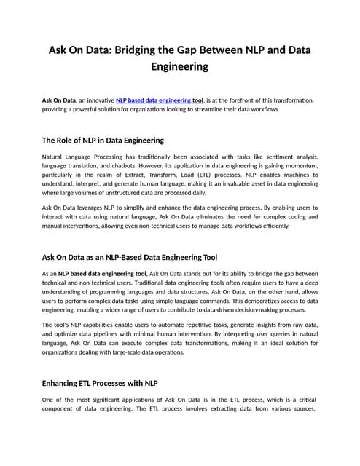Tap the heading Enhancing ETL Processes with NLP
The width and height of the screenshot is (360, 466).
click(x=111, y=383)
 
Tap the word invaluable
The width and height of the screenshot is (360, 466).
click(x=221, y=185)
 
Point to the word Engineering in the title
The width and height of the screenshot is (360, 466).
click(x=179, y=67)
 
